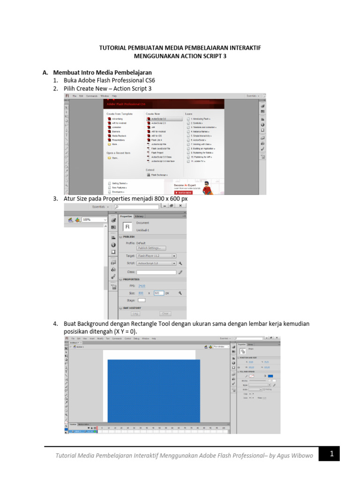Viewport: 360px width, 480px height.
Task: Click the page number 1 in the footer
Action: tap(331, 454)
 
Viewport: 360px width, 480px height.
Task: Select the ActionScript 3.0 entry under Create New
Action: tap(158, 119)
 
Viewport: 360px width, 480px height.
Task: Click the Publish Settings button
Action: tap(151, 248)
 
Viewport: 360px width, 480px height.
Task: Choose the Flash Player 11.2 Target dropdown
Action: tap(156, 256)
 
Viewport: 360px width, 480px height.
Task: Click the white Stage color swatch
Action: tap(141, 300)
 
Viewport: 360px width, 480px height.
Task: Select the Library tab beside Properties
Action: tap(139, 216)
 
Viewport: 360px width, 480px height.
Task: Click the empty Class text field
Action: tap(156, 272)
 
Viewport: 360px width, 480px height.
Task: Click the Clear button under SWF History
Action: tap(165, 314)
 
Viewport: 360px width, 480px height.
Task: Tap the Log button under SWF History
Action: tap(135, 314)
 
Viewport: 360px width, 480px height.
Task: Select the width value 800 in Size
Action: tap(141, 293)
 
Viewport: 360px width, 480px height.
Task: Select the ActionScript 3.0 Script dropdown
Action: tap(156, 264)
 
